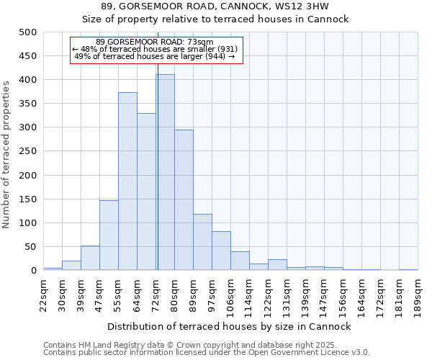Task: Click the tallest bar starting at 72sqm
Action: (166, 173)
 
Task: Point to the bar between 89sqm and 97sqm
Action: (202, 242)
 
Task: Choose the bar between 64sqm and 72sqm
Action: (146, 192)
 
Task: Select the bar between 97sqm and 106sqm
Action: (221, 251)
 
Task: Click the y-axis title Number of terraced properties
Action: (6, 155)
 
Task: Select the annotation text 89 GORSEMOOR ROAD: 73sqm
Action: (155, 42)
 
